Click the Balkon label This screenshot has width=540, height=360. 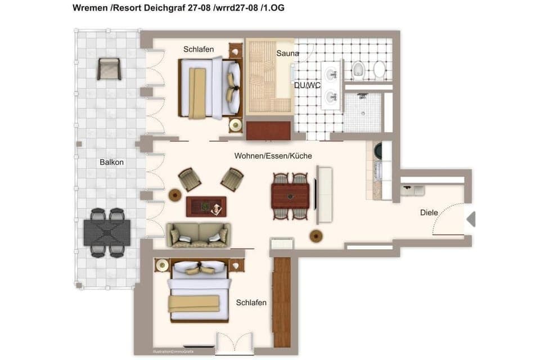(111, 162)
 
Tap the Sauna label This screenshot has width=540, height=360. (287, 53)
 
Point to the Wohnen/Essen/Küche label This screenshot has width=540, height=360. (273, 156)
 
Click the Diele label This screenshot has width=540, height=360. (429, 213)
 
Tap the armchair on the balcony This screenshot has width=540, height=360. (109, 69)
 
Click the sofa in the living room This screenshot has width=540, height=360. (197, 235)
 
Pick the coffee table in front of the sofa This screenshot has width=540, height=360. (206, 206)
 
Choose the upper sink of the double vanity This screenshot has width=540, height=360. (332, 74)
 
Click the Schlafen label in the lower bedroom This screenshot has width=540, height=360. (251, 303)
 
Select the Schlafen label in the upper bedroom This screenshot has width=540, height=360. (198, 49)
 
